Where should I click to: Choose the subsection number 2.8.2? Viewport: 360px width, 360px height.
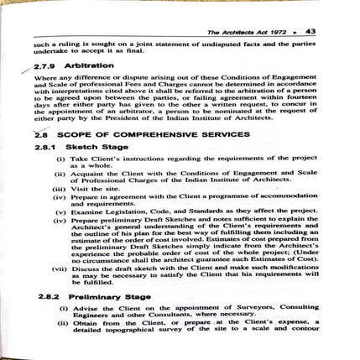(48, 297)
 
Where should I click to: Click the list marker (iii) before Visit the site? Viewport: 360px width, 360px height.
(59, 190)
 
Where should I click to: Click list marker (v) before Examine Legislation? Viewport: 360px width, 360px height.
(60, 211)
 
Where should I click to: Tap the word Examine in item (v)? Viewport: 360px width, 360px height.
(83, 211)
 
